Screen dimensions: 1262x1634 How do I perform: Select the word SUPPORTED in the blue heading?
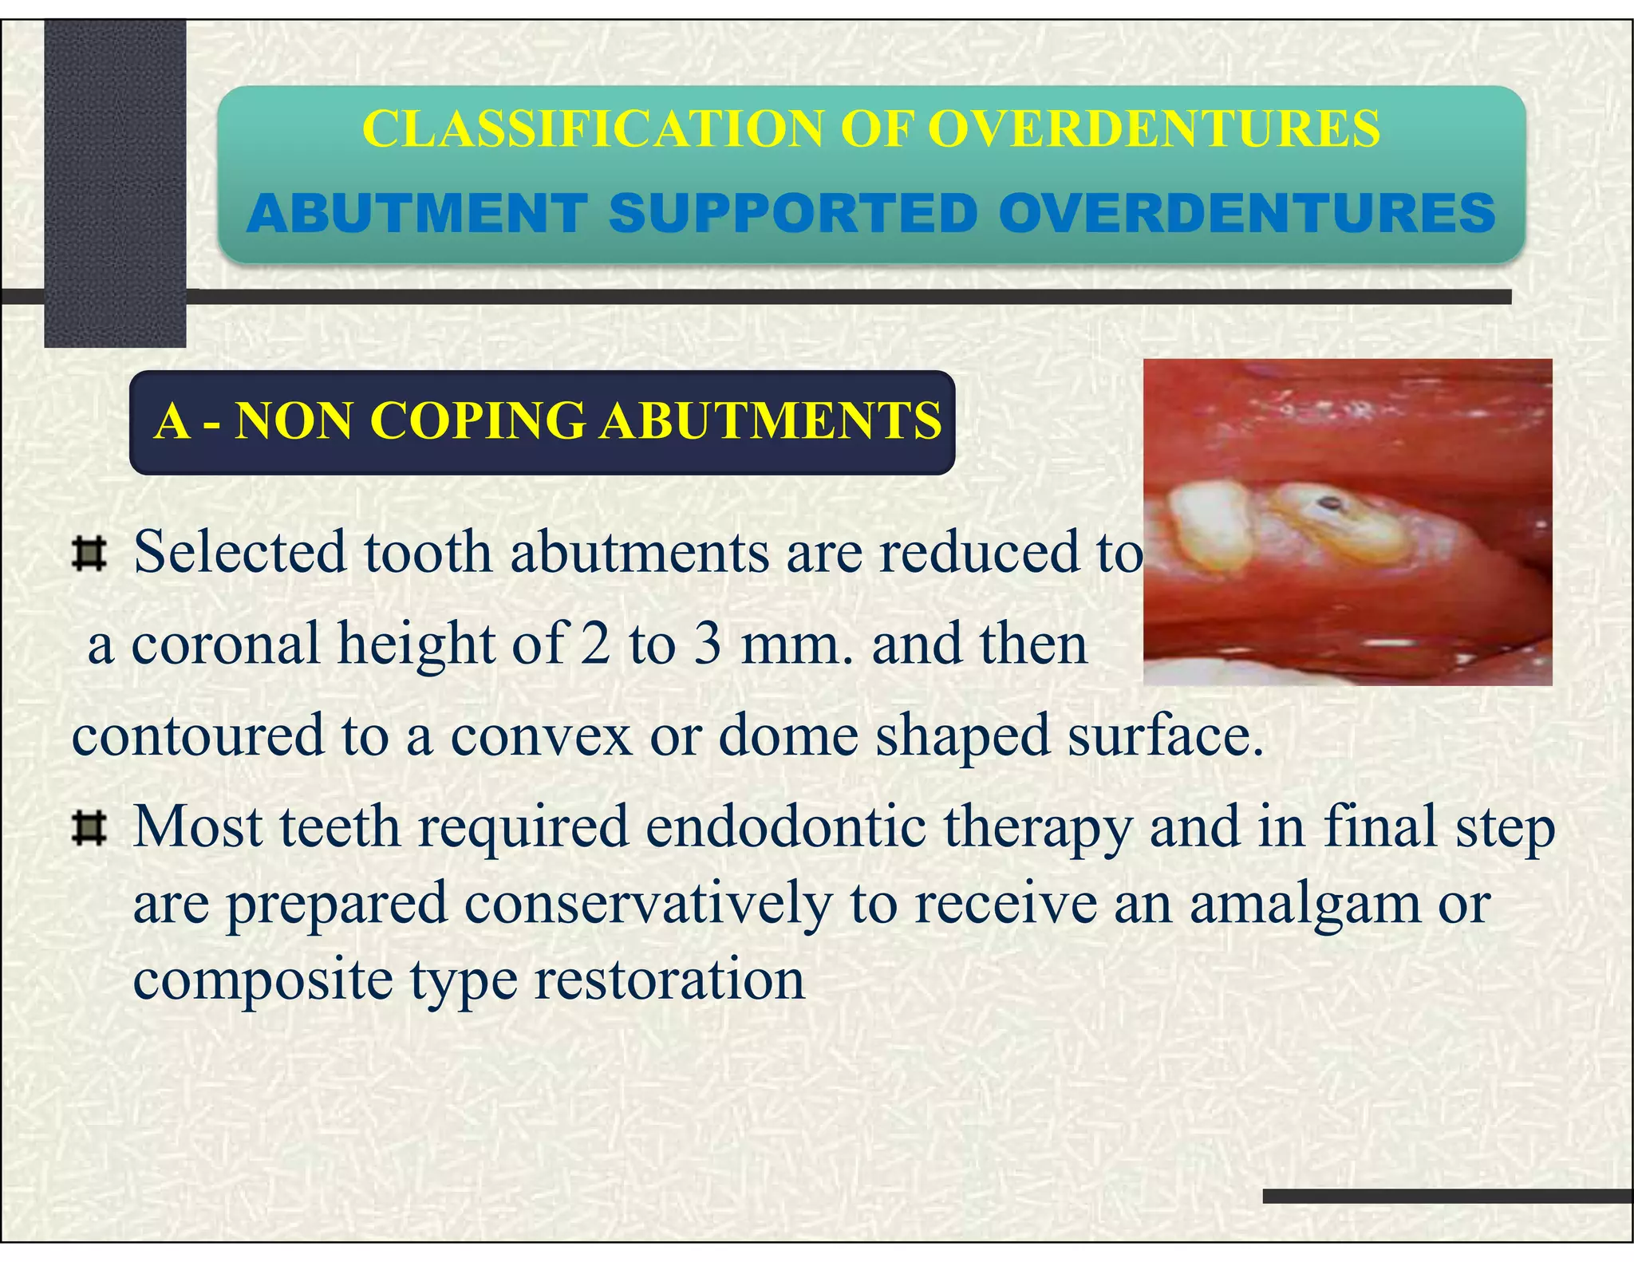[x=793, y=214]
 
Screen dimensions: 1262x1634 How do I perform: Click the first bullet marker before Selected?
[x=89, y=554]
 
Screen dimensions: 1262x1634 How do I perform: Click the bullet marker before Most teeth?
[x=89, y=829]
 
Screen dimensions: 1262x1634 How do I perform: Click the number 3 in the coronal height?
[x=707, y=644]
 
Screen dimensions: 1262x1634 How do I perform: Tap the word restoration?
[x=669, y=980]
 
